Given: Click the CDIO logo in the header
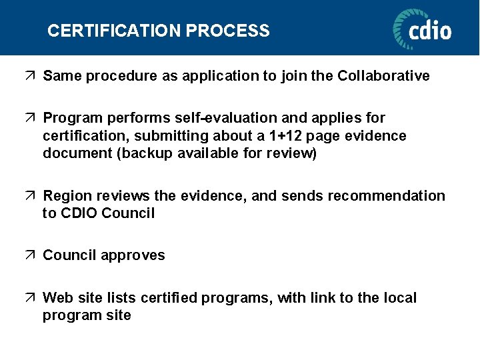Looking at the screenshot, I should point(422,29).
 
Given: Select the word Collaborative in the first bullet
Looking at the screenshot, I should point(383,76).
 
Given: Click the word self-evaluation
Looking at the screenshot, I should point(224,118).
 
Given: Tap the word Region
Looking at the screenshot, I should point(67,196).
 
